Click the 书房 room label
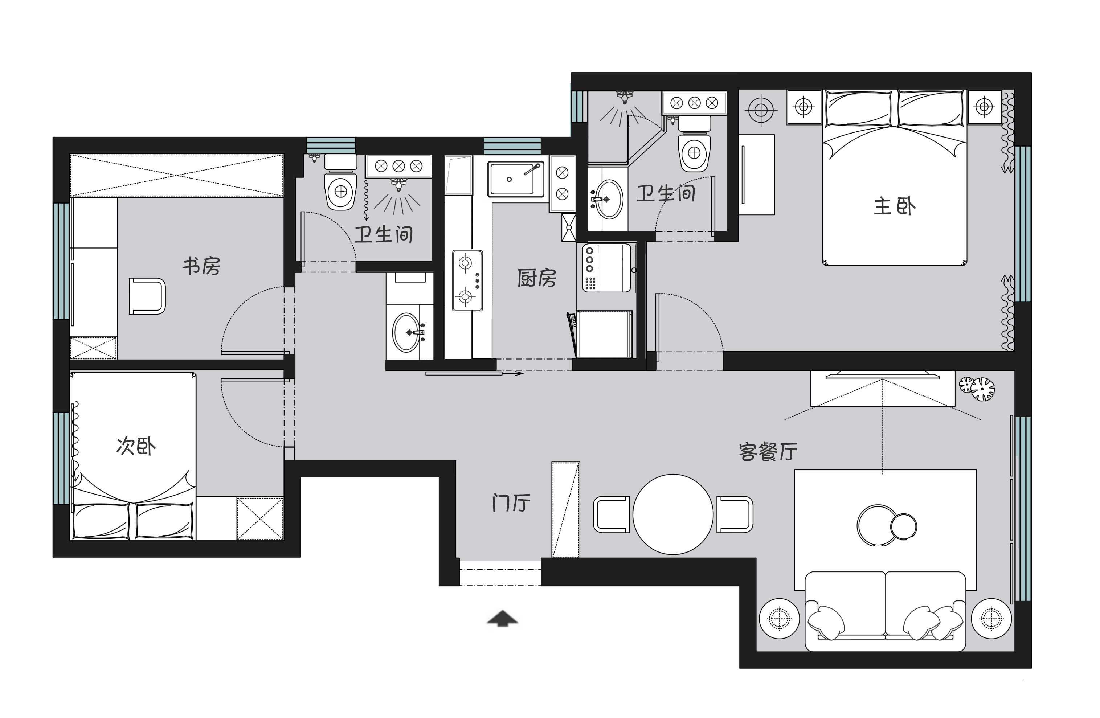click(201, 266)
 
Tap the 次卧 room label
click(136, 446)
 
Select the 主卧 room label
click(894, 206)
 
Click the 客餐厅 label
click(768, 452)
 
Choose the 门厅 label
click(510, 503)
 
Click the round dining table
click(672, 514)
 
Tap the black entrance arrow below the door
click(502, 618)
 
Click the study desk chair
click(147, 296)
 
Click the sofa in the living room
click(885, 610)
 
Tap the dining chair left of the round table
click(611, 514)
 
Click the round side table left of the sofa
click(779, 618)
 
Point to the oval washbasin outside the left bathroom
click(407, 332)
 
